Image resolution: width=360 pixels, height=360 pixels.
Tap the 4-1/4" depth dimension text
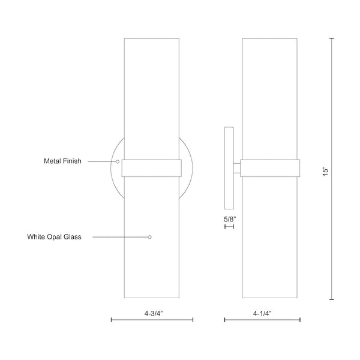coord(265,312)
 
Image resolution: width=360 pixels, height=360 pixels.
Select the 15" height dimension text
coord(325,171)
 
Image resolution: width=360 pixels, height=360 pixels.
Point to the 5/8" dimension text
coord(230,219)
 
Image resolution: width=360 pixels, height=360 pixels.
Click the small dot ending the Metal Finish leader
coord(118,161)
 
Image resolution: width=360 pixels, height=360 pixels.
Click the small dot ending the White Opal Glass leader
coord(150,237)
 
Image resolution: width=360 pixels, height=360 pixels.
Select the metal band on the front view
coord(151,168)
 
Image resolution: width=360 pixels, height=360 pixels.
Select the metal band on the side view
coord(270,168)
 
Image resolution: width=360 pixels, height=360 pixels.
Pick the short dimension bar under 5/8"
coord(229,227)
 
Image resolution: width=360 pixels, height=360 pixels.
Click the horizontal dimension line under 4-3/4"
coord(152,320)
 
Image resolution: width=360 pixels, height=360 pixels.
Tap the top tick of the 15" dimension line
coord(332,38)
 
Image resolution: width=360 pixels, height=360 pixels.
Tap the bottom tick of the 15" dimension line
coord(332,298)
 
